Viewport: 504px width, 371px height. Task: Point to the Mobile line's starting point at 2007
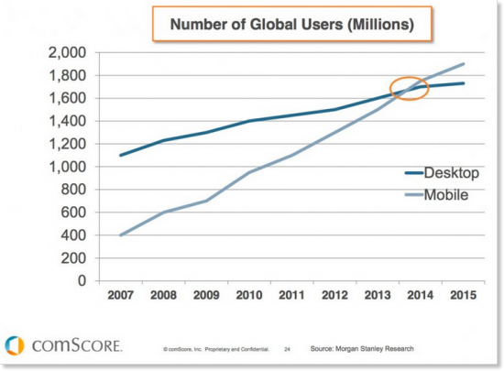click(x=120, y=235)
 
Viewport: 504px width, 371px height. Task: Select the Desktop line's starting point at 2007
click(x=120, y=155)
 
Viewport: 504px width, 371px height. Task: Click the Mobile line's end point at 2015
click(x=464, y=64)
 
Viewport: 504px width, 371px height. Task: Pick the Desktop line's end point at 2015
click(x=464, y=83)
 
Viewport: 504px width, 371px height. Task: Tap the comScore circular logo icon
click(x=15, y=345)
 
